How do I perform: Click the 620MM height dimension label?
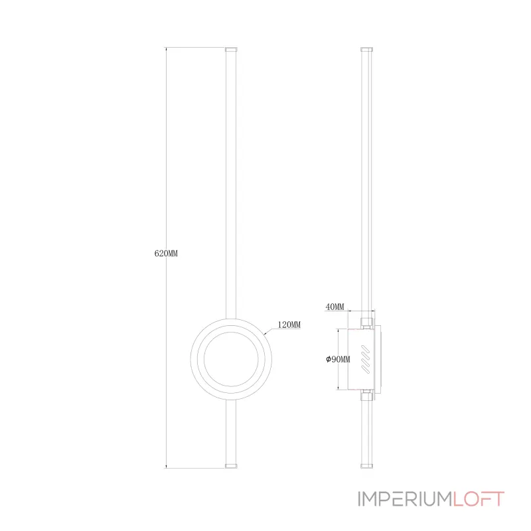pyautogui.click(x=166, y=254)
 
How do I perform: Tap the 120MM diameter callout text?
pyautogui.click(x=289, y=325)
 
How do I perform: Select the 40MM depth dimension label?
pyautogui.click(x=335, y=307)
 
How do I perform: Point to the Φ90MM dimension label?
pyautogui.click(x=338, y=359)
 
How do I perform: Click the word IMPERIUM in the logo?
pyautogui.click(x=406, y=499)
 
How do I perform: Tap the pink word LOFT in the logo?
pyautogui.click(x=479, y=499)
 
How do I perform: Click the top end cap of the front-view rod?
pyautogui.click(x=231, y=49)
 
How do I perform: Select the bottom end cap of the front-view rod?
pyautogui.click(x=231, y=466)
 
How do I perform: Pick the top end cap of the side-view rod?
pyautogui.click(x=367, y=49)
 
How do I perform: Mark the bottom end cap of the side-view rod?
pyautogui.click(x=367, y=466)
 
